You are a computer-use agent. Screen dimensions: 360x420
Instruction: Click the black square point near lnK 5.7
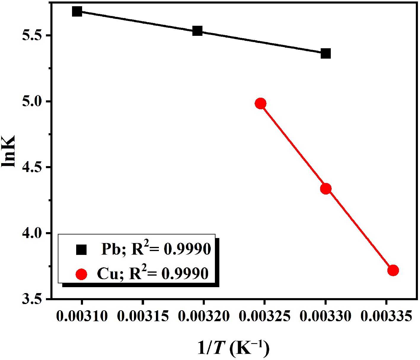[77, 12]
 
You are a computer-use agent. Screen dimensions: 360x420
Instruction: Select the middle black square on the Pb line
[197, 31]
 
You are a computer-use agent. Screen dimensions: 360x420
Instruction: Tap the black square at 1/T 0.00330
[325, 54]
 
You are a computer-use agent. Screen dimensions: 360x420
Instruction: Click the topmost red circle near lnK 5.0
[261, 104]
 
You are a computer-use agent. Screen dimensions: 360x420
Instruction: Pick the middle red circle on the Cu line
[326, 189]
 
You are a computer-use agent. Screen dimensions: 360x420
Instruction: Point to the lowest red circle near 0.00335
[393, 270]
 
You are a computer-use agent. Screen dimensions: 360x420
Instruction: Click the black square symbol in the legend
[81, 250]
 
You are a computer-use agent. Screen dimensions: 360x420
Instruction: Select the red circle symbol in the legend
[81, 274]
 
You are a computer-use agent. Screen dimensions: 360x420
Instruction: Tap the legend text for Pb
[156, 249]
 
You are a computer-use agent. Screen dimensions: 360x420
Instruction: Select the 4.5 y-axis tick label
[33, 168]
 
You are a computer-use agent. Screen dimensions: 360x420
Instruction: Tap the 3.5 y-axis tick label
[33, 299]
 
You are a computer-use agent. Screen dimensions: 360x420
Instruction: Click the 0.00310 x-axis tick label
[82, 316]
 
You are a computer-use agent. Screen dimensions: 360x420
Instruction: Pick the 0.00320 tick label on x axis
[204, 316]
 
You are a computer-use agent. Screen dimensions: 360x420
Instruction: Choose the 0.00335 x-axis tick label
[386, 316]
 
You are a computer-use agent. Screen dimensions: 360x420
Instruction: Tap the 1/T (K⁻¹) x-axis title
[234, 348]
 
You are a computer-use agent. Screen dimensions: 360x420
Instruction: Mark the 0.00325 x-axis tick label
[264, 316]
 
